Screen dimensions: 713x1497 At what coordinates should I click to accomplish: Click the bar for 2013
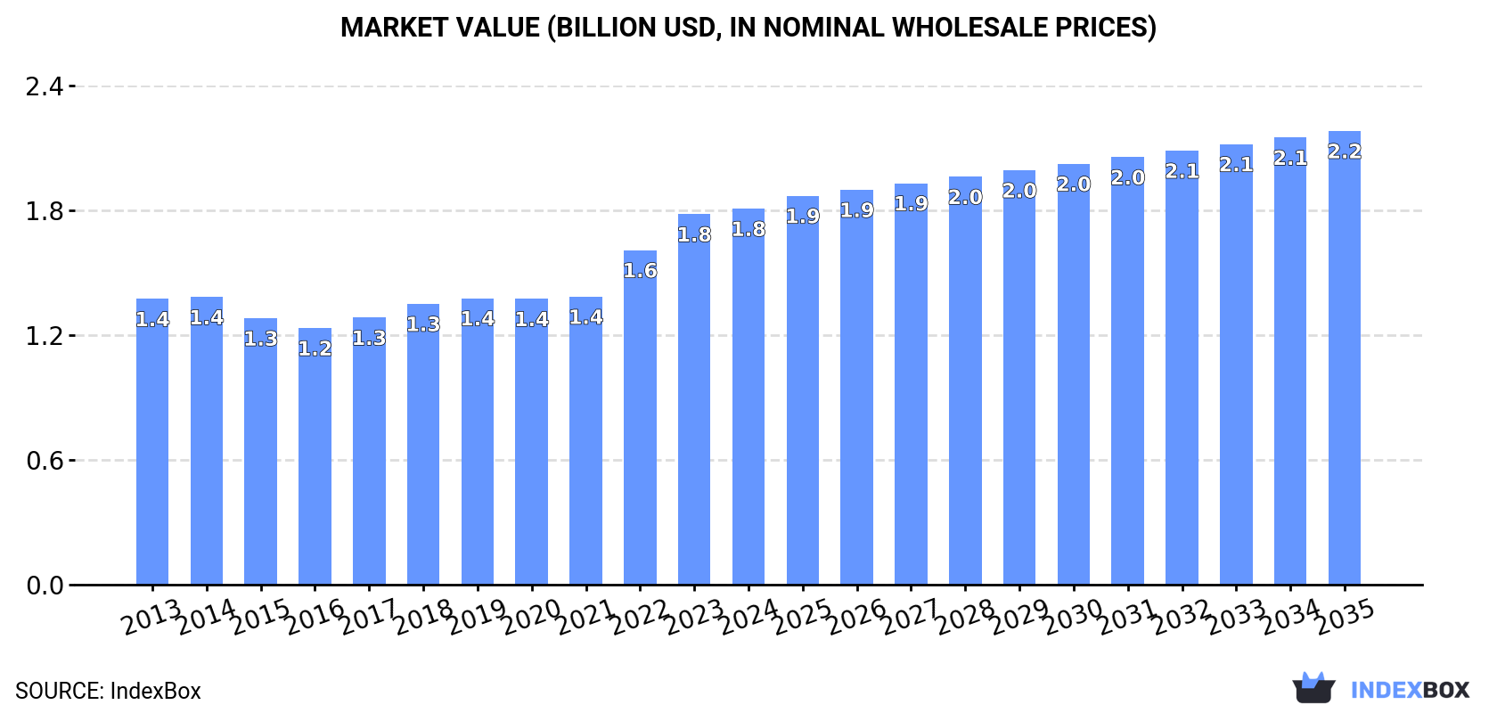[x=152, y=446]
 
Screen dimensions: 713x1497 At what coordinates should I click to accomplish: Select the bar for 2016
[x=315, y=463]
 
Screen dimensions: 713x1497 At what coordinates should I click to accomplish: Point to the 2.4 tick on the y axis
[x=45, y=86]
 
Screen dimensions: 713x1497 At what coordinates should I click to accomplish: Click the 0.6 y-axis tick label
[x=45, y=461]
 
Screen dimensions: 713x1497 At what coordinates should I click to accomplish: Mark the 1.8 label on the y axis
[x=45, y=211]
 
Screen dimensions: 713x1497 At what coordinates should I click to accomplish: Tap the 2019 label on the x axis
[x=478, y=616]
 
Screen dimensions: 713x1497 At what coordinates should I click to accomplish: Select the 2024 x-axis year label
[x=748, y=616]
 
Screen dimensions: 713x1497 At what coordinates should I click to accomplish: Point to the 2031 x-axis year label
[x=1128, y=616]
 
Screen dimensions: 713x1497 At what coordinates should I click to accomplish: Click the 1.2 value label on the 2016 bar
[x=315, y=348]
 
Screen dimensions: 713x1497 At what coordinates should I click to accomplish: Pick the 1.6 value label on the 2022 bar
[x=640, y=271]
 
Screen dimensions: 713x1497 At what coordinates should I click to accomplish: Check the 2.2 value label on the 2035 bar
[x=1344, y=152]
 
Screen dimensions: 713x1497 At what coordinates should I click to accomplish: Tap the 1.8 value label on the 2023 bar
[x=694, y=235]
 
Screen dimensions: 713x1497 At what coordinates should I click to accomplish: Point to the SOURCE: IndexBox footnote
[x=108, y=691]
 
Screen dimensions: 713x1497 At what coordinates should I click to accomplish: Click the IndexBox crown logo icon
[x=1313, y=688]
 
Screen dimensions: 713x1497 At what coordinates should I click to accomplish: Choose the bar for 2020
[x=532, y=446]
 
